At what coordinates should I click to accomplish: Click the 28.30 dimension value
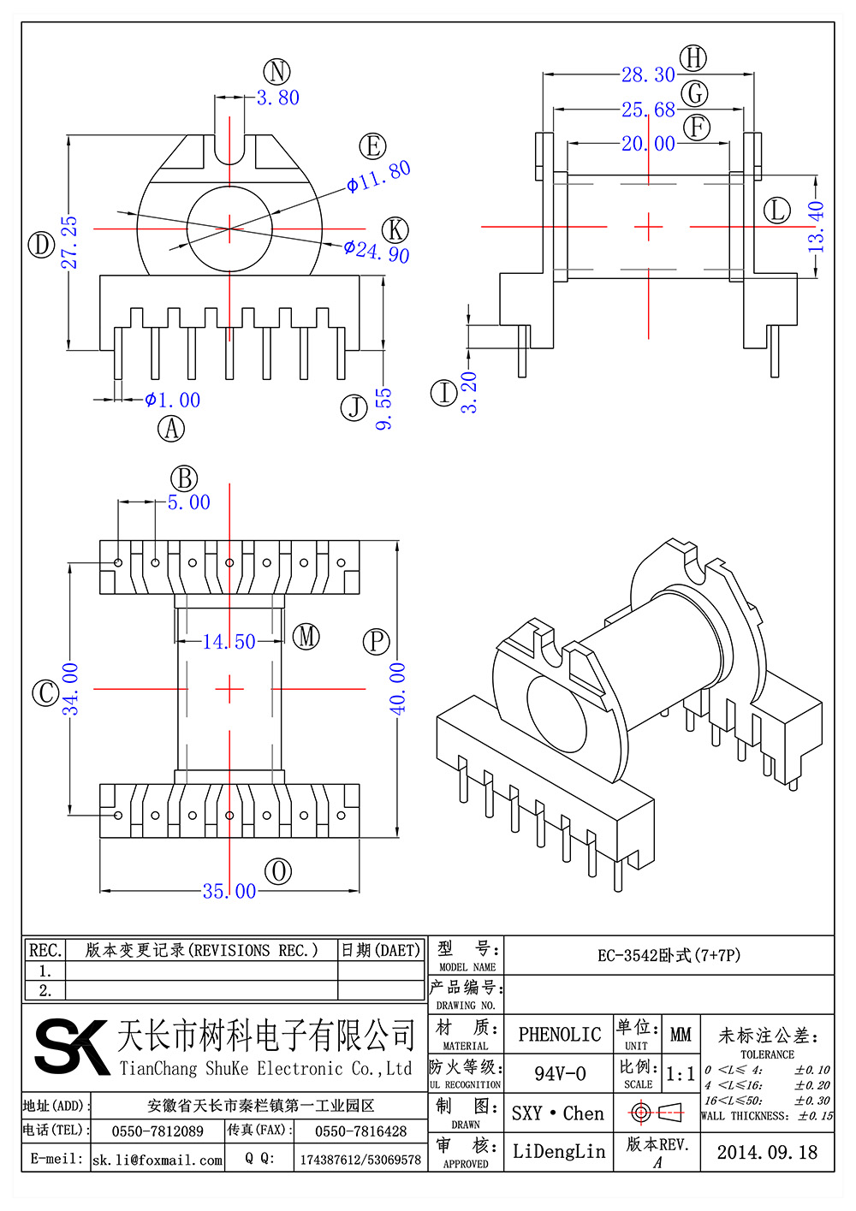[x=648, y=74]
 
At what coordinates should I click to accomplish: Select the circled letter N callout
[x=276, y=71]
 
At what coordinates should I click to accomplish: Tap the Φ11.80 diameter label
[x=378, y=177]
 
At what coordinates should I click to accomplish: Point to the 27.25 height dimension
[x=69, y=243]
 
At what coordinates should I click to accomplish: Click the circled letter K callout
[x=395, y=229]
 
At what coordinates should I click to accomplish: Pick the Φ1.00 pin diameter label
[x=173, y=400]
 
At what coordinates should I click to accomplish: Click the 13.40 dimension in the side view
[x=816, y=227]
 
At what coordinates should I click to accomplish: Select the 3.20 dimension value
[x=469, y=393]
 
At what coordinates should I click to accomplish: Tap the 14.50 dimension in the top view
[x=229, y=642]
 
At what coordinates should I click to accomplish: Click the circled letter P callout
[x=377, y=642]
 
